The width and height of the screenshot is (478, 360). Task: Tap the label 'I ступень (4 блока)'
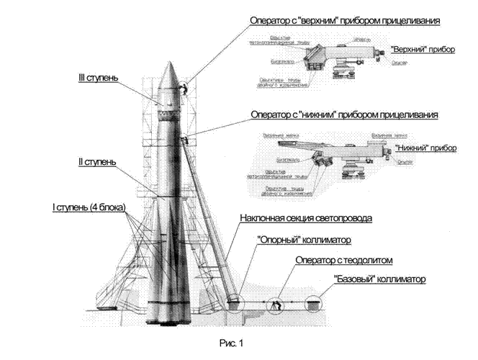89,207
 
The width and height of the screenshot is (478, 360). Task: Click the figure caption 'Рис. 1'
232,342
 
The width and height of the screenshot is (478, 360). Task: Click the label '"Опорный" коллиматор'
299,240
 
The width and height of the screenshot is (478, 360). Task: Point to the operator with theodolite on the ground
276,305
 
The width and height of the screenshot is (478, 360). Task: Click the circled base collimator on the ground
312,305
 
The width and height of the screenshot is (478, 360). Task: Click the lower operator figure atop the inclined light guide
185,139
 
